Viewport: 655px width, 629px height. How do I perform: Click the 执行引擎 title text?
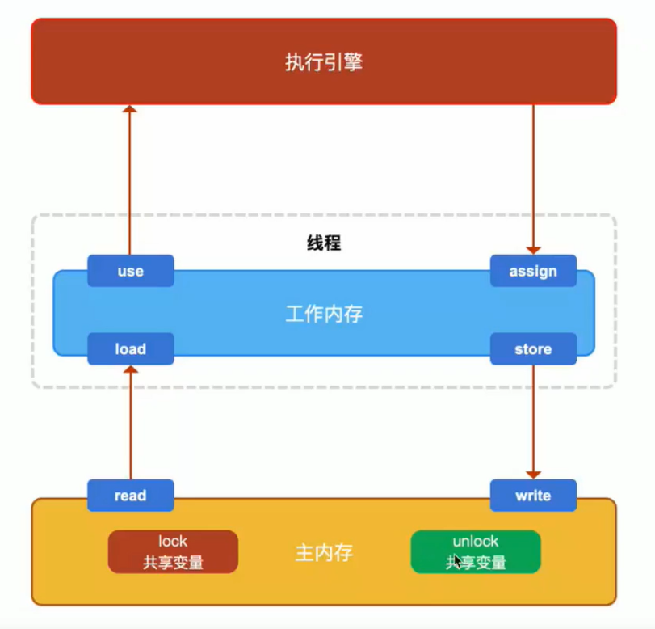[x=324, y=62]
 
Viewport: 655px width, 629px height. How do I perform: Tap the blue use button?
[x=130, y=271]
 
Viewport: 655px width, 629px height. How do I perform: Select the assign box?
[x=533, y=271]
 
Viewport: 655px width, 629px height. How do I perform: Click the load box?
[x=130, y=349]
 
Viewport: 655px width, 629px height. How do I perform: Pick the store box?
[x=533, y=349]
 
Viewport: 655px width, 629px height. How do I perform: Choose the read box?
[x=130, y=496]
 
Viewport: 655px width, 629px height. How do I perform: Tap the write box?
[x=533, y=496]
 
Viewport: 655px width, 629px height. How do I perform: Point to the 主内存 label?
[x=324, y=553]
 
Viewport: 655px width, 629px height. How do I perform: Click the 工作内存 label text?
[x=324, y=314]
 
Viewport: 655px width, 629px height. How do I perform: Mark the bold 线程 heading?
[x=324, y=243]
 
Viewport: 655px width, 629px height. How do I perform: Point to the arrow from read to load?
[x=129, y=424]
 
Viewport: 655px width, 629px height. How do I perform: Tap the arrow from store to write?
[x=533, y=420]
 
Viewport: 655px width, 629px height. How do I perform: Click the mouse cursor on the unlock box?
[x=458, y=559]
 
